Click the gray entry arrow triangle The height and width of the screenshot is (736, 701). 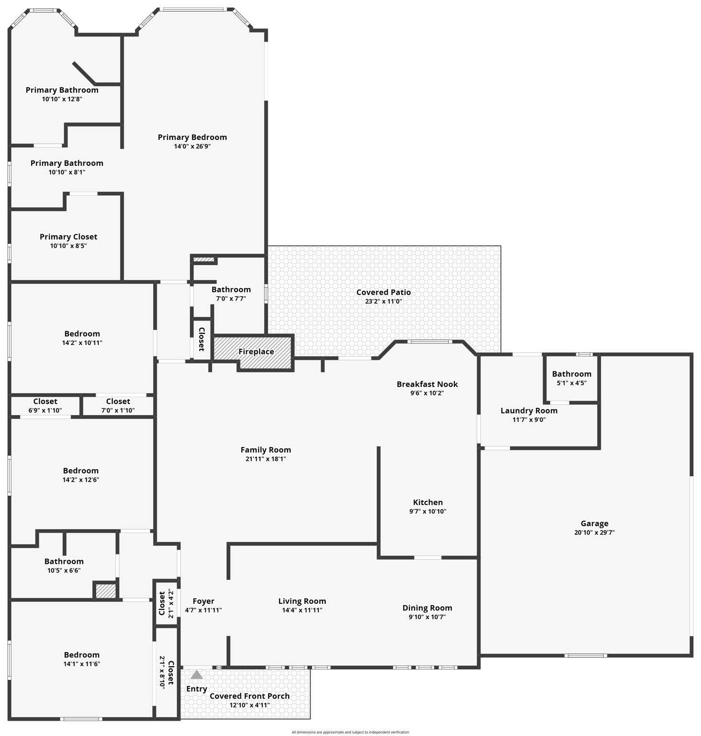[x=196, y=675]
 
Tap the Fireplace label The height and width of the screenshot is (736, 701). [x=256, y=351]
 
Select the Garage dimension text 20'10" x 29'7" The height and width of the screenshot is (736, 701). [x=594, y=532]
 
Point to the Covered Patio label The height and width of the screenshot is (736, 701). [x=383, y=292]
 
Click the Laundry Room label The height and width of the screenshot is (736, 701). [x=529, y=410]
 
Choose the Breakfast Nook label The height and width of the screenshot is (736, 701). [x=427, y=384]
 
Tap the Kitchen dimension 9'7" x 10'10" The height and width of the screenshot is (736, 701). [x=428, y=511]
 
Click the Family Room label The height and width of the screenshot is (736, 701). [x=265, y=449]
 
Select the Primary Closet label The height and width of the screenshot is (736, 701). [x=68, y=236]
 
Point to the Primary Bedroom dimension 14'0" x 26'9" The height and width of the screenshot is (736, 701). [x=192, y=146]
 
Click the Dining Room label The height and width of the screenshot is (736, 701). [x=427, y=608]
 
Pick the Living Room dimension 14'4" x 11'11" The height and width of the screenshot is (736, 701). [x=302, y=610]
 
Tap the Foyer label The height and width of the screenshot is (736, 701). [x=204, y=601]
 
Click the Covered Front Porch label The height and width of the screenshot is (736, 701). [x=249, y=696]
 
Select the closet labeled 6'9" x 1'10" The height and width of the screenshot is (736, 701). [x=45, y=406]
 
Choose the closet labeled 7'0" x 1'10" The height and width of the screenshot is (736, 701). [x=118, y=406]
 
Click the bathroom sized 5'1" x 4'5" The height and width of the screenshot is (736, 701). [x=571, y=378]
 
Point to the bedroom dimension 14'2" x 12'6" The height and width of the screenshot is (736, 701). [x=80, y=480]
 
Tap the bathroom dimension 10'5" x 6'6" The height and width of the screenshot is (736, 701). [x=64, y=570]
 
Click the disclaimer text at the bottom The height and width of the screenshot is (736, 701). [x=350, y=732]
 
